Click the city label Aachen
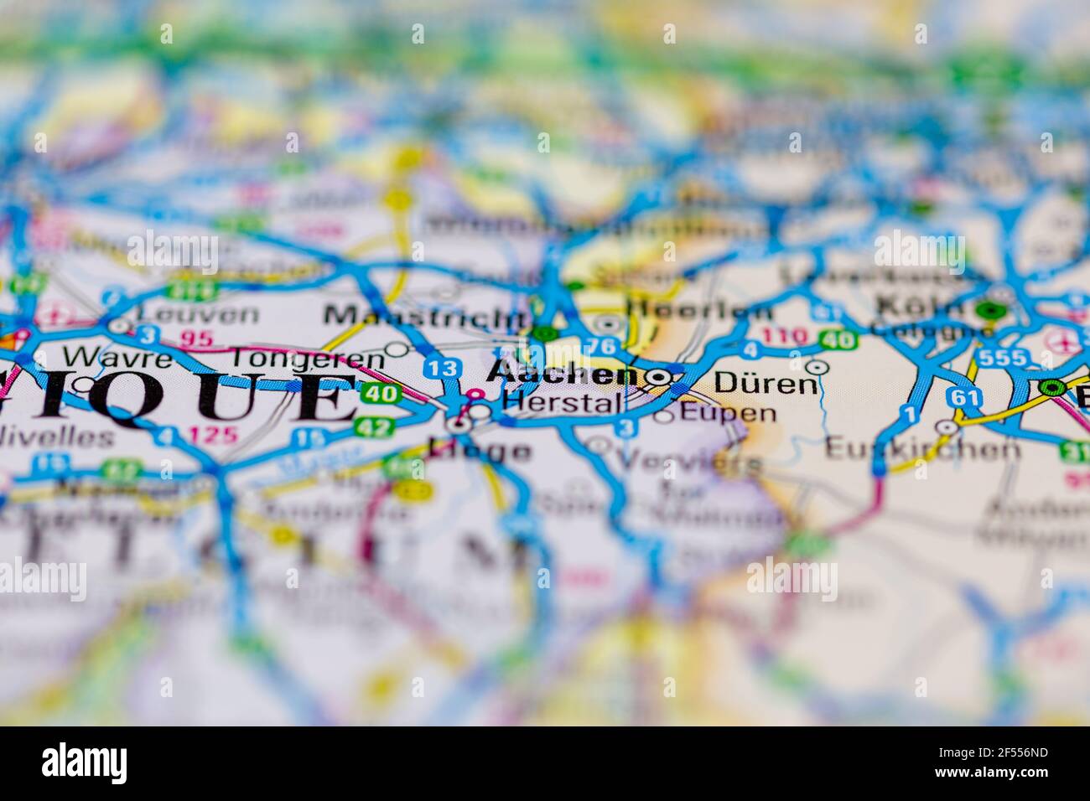(x=563, y=374)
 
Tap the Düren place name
(x=765, y=384)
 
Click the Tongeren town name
(x=307, y=358)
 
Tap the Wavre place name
(x=117, y=358)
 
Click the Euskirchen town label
(x=922, y=449)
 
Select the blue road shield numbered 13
(x=441, y=367)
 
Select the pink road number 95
(x=198, y=338)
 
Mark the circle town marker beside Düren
(x=816, y=366)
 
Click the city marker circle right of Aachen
(x=659, y=376)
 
